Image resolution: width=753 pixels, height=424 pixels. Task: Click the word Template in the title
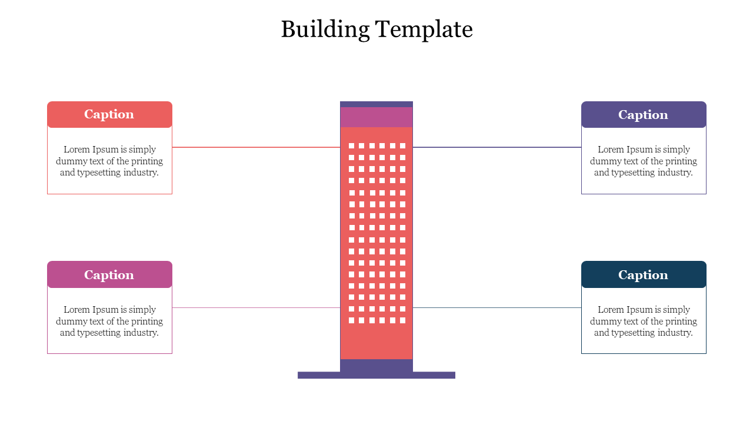[424, 29]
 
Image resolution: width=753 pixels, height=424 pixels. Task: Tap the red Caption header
[109, 114]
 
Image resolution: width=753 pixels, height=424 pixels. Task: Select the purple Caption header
[644, 115]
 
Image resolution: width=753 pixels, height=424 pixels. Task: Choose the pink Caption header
[109, 275]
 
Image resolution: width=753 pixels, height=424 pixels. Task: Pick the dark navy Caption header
[644, 275]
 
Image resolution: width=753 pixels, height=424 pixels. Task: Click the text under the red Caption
[109, 161]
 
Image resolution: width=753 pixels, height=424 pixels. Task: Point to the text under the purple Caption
[644, 161]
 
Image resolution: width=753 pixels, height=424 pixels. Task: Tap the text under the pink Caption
[109, 321]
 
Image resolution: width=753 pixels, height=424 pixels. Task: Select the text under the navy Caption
[644, 321]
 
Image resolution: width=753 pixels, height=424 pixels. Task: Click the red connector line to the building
[256, 147]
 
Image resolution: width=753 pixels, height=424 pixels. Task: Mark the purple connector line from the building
[497, 147]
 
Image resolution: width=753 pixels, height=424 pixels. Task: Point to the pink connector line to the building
[256, 307]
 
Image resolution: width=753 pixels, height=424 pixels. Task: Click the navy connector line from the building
[497, 307]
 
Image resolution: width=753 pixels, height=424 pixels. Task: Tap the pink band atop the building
[376, 117]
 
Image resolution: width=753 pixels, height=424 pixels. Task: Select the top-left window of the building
[352, 145]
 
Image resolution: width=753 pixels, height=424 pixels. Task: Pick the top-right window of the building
[403, 145]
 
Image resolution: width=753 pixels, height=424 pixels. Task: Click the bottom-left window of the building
[352, 320]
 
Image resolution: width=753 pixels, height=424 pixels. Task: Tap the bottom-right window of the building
[403, 320]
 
